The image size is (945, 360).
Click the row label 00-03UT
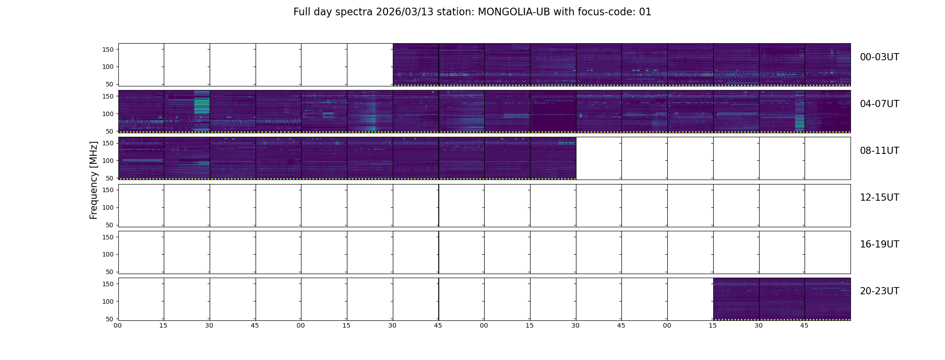pos(879,57)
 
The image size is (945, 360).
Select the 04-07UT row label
pos(879,104)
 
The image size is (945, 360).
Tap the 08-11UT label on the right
pos(879,151)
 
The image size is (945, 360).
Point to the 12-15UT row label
pos(879,198)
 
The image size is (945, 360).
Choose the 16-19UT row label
pos(879,244)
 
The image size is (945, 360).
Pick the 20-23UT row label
pos(879,291)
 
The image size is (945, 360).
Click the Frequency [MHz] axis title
pos(94,180)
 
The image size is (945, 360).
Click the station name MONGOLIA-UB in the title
pos(514,12)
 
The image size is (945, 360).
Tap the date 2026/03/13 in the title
pos(405,12)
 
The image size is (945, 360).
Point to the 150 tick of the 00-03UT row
pos(108,49)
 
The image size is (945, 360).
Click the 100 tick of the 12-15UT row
pos(108,207)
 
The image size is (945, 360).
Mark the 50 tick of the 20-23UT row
pos(110,319)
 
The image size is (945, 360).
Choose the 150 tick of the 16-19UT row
pos(108,237)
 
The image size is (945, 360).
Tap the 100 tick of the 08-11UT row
pos(108,161)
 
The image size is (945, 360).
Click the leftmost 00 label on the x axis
pos(118,325)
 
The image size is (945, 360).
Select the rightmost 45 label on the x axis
pos(804,325)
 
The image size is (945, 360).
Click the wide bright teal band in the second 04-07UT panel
pos(202,111)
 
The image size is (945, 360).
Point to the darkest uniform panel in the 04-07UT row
pos(553,111)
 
